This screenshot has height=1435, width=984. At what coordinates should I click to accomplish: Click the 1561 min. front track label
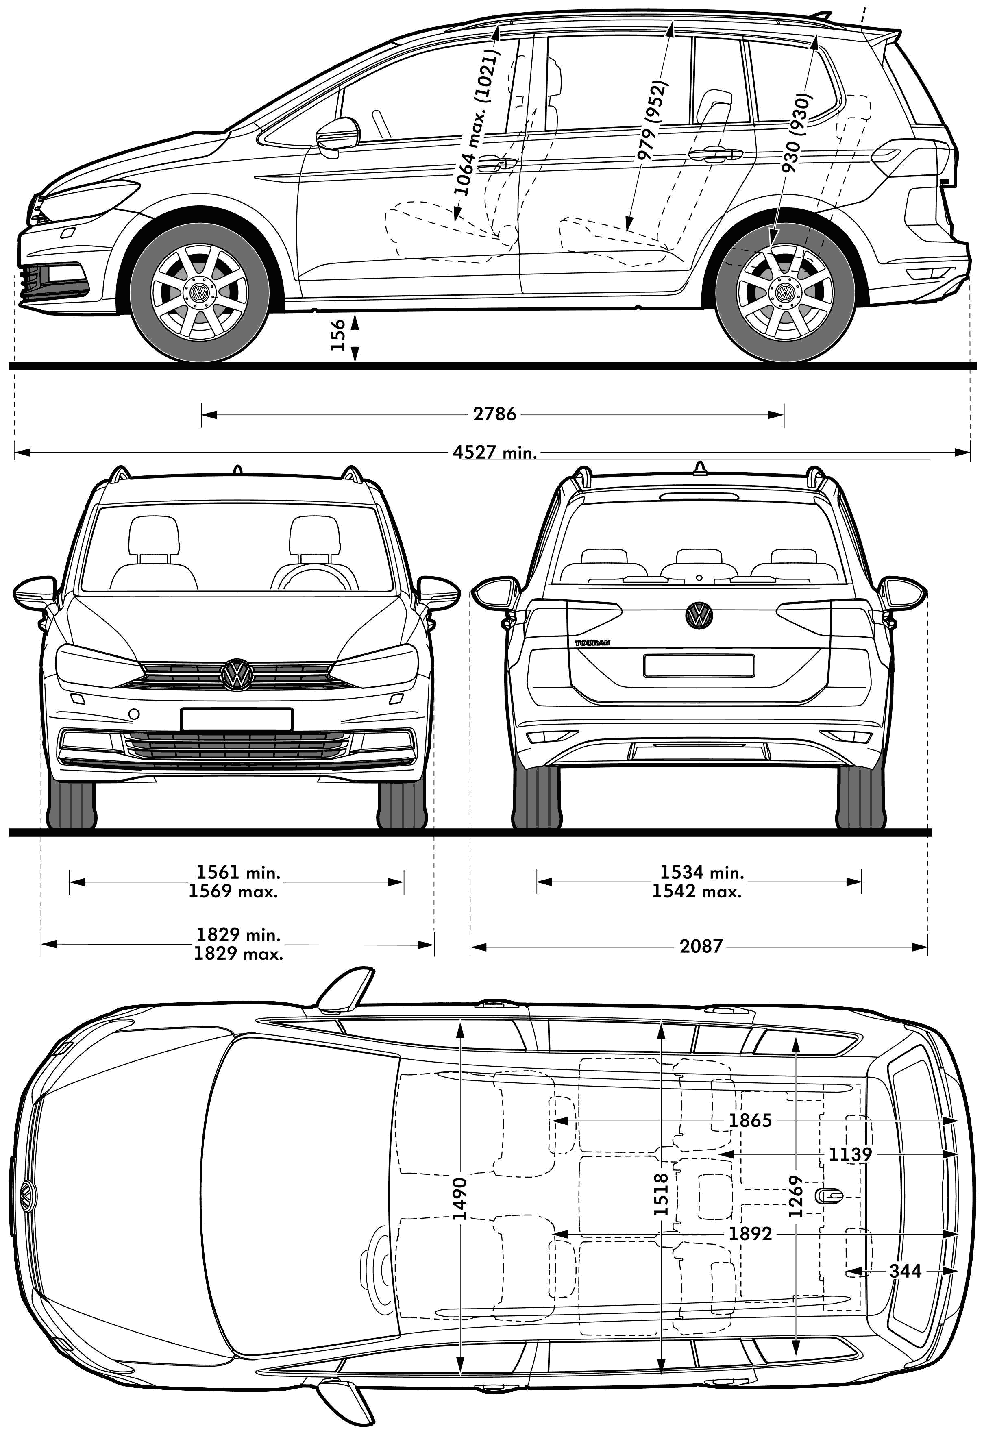[238, 873]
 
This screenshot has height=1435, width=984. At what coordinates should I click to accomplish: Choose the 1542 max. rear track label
[697, 892]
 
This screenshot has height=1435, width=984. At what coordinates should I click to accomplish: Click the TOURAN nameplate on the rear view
[592, 643]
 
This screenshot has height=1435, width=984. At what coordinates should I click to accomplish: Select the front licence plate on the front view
[237, 719]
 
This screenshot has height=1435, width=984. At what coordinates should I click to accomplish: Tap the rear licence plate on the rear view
[698, 666]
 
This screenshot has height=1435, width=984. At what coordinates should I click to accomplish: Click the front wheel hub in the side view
[199, 293]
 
